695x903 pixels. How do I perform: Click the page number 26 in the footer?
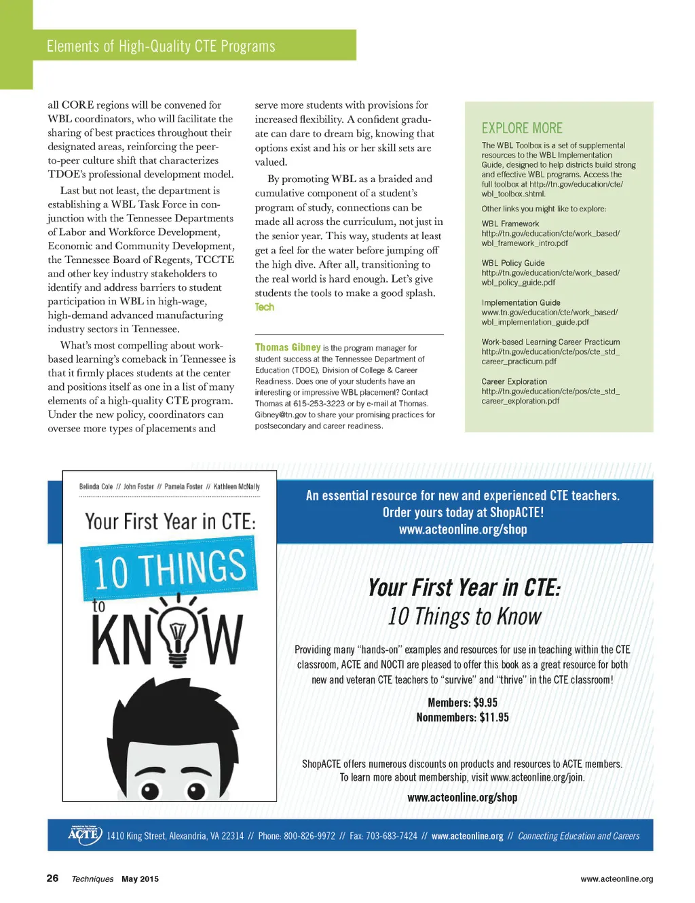(52, 878)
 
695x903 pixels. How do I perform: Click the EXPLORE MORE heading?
(522, 128)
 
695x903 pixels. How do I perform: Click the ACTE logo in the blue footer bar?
(85, 834)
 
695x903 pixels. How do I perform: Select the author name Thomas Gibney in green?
(288, 347)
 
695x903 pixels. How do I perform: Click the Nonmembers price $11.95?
(494, 718)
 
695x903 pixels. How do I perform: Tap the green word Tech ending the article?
(265, 307)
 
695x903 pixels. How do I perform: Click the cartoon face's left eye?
(150, 790)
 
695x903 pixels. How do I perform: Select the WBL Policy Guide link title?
(513, 263)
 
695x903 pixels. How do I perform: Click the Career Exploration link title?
(514, 381)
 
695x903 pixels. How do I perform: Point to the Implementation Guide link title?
(521, 302)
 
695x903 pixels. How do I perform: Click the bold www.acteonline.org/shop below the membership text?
(462, 798)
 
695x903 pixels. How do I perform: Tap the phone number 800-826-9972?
(309, 836)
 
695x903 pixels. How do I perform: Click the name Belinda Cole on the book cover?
(96, 486)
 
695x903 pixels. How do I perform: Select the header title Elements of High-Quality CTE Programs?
(161, 46)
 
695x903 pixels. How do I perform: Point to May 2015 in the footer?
(140, 879)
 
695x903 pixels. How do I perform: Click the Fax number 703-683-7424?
(392, 836)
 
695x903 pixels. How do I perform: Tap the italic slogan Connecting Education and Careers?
(578, 836)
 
